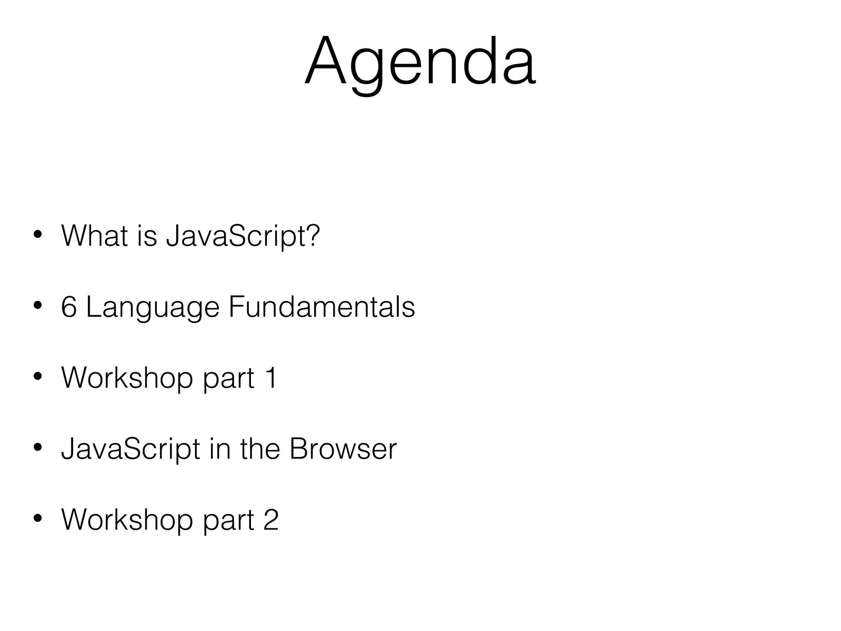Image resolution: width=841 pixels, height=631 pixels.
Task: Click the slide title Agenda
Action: (420, 62)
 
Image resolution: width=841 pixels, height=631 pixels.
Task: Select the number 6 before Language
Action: (69, 307)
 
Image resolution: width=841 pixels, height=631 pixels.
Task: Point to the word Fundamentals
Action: (322, 307)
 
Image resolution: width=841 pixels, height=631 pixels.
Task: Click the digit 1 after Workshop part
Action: (271, 378)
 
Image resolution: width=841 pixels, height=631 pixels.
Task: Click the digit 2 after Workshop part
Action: (271, 520)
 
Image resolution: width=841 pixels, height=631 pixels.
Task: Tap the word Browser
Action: (343, 449)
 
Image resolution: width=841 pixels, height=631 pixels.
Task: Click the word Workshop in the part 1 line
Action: (127, 378)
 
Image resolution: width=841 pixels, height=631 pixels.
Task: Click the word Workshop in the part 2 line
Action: (127, 520)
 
